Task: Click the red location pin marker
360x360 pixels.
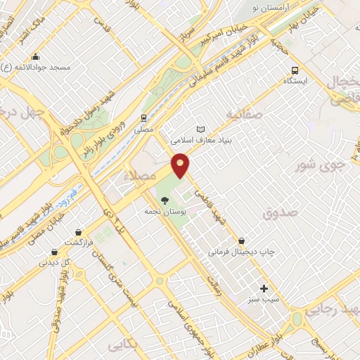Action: (x=181, y=165)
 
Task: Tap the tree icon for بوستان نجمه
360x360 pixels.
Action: (x=165, y=200)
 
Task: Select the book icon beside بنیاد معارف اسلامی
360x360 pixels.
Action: (x=202, y=130)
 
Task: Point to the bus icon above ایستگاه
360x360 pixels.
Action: (x=295, y=70)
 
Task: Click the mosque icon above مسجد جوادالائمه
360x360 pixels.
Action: (x=36, y=57)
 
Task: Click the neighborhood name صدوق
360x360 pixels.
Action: (x=281, y=212)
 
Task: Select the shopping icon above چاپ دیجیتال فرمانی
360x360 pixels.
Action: (x=242, y=240)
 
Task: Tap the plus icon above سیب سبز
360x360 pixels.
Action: (x=264, y=288)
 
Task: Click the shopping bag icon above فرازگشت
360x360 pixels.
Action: (x=78, y=232)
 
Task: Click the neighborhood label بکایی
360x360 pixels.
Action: (x=124, y=346)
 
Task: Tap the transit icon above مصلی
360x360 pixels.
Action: (x=143, y=118)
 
